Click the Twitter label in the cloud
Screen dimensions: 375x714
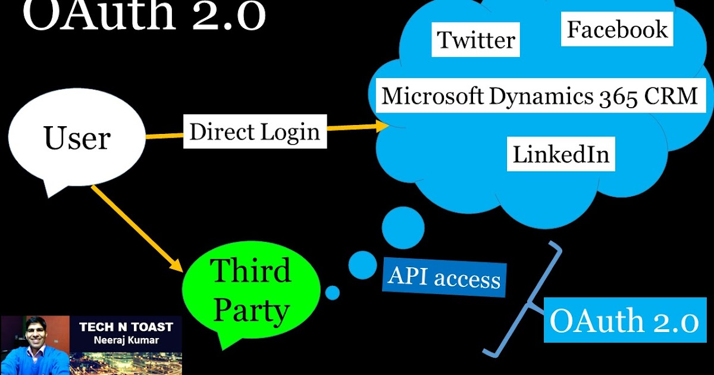[x=476, y=40]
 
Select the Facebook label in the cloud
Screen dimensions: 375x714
[x=617, y=30]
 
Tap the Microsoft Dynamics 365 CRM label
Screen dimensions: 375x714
[x=539, y=96]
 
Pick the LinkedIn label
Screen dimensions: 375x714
[x=561, y=154]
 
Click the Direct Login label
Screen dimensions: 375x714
[x=255, y=132]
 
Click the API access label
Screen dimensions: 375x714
[x=444, y=277]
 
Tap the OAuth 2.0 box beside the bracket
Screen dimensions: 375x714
[x=623, y=321]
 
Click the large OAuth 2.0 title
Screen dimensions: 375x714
[x=143, y=17]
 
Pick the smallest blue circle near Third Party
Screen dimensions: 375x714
[x=333, y=292]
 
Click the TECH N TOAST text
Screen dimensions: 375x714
[x=126, y=327]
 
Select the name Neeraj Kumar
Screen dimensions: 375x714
[x=126, y=341]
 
